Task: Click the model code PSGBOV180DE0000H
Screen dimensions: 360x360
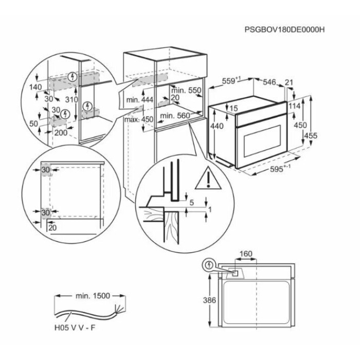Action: (284, 30)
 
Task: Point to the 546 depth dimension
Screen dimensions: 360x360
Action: (269, 82)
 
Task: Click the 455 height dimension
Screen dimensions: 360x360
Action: (311, 135)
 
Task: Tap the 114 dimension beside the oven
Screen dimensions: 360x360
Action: (294, 106)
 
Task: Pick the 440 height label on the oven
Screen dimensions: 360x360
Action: (217, 126)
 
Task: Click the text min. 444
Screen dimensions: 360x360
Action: (139, 100)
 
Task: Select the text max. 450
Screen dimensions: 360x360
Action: (138, 119)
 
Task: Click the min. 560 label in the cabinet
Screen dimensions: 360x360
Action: (175, 116)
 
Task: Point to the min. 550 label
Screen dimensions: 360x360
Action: (186, 91)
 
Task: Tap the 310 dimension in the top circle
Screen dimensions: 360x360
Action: (71, 99)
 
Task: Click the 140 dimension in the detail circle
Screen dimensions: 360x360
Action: (35, 87)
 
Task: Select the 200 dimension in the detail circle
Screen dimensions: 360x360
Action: (61, 133)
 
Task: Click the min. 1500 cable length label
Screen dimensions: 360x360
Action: (93, 296)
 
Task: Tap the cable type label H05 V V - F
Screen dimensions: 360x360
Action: (75, 328)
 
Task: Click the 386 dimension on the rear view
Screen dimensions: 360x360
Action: (209, 300)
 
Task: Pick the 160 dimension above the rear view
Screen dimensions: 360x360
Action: (246, 254)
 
